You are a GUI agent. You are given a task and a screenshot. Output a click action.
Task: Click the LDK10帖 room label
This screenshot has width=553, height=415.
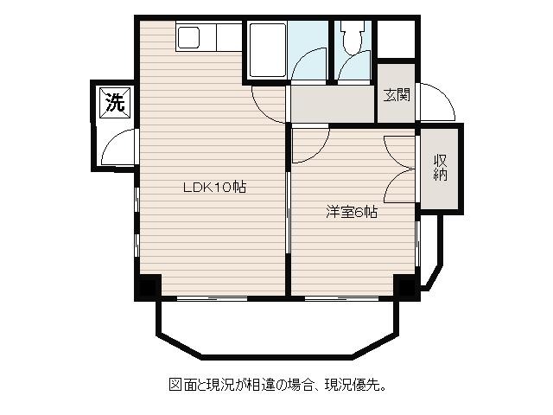click(x=214, y=187)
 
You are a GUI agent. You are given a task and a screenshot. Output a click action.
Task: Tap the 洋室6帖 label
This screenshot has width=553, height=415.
click(x=352, y=212)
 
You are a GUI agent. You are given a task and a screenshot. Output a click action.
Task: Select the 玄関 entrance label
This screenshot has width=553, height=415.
click(x=397, y=94)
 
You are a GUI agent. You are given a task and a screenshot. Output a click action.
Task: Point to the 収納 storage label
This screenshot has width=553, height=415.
click(x=440, y=168)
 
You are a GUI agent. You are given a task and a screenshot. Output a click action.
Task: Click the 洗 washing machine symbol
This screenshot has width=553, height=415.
click(x=115, y=103)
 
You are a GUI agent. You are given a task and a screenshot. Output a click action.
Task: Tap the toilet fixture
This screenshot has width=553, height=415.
click(x=352, y=37)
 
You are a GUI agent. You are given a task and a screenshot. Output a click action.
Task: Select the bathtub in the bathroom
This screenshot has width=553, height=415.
click(x=267, y=50)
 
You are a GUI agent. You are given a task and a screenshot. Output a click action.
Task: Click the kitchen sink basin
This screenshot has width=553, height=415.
click(x=189, y=36)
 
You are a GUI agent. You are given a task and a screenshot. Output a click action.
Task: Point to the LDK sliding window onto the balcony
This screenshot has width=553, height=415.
click(x=212, y=298)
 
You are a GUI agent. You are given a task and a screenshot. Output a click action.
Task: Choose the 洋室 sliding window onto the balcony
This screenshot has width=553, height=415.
click(x=341, y=298)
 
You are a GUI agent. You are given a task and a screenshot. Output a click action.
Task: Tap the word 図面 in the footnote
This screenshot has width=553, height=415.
click(x=183, y=384)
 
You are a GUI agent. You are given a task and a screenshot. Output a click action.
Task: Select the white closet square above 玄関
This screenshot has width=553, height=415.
click(x=396, y=39)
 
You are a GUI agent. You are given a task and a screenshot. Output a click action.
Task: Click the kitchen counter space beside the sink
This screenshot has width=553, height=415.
click(x=229, y=36)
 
